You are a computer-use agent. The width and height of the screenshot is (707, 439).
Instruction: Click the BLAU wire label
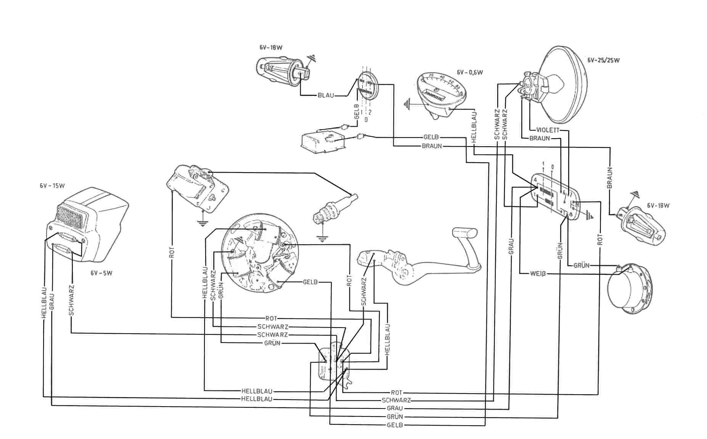[x=325, y=95]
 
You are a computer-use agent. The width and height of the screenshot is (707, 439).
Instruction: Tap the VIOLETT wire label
[x=548, y=130]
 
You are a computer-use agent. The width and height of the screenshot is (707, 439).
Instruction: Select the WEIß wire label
[x=538, y=273]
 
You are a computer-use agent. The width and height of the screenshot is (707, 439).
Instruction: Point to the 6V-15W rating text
[x=52, y=186]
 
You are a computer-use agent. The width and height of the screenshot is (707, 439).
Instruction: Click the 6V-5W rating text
[x=101, y=273]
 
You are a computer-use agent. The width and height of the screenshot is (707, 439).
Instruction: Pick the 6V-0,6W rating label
[x=470, y=72]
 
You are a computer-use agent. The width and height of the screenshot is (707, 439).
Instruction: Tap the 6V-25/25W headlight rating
[x=603, y=60]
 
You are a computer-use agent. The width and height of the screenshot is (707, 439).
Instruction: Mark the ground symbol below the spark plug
[x=322, y=240]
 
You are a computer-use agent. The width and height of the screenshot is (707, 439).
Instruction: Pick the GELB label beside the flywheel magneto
[x=310, y=282]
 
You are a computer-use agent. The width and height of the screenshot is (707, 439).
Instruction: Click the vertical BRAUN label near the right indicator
[x=609, y=178]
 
